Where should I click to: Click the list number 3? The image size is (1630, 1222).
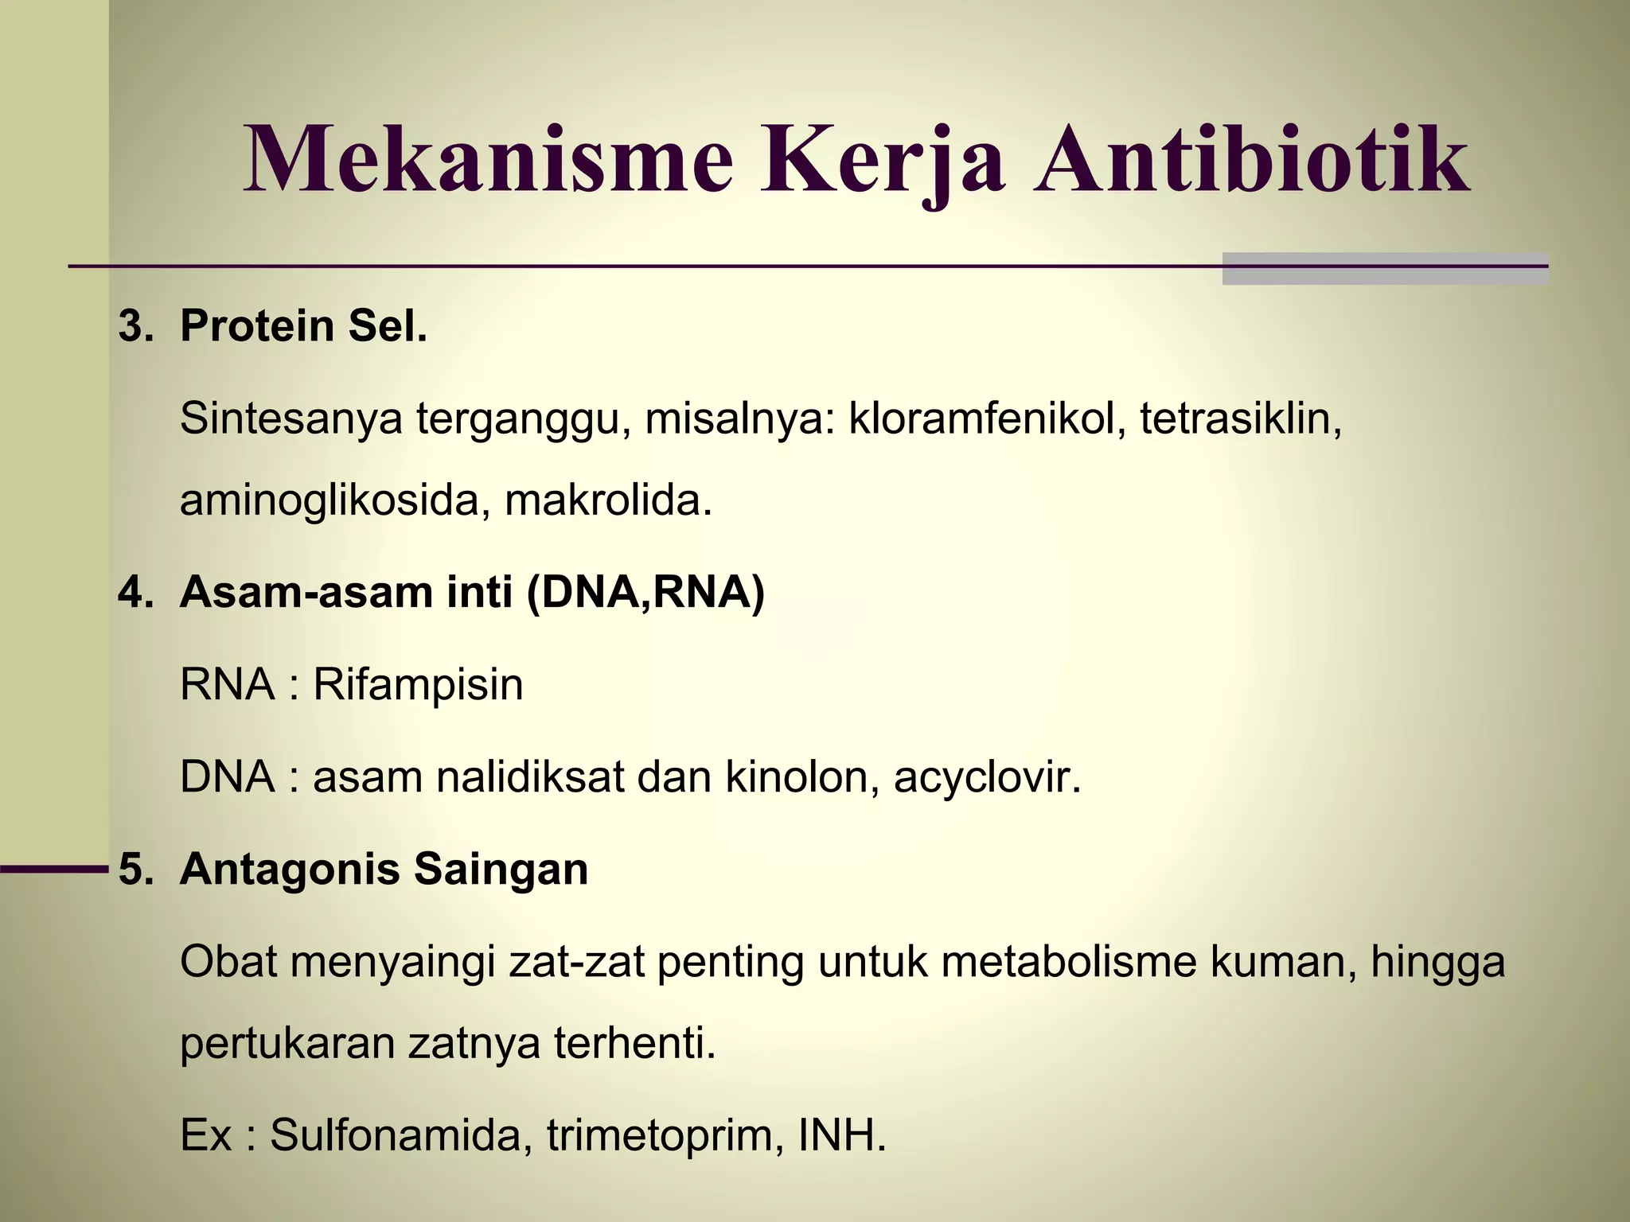134,326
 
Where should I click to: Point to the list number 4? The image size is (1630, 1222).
134,592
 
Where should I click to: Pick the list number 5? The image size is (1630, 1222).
134,869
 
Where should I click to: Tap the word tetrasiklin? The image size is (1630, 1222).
1240,418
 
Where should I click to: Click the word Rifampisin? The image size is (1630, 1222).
418,684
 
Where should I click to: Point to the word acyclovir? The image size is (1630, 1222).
987,777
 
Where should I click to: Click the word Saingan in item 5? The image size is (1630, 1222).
501,870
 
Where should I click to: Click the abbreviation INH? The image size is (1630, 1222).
841,1135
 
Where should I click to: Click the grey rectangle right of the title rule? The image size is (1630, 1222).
1385,269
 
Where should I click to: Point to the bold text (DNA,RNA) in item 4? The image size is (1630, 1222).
645,593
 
